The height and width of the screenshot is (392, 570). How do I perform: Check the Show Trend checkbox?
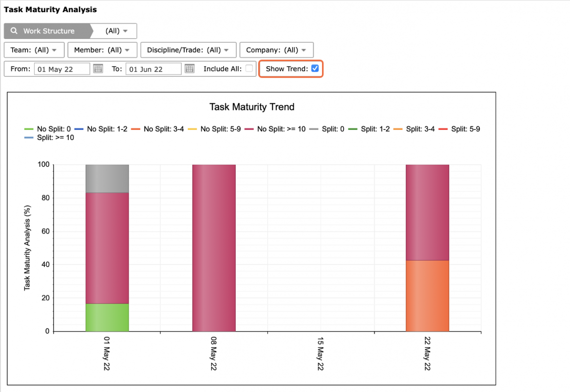[x=315, y=69]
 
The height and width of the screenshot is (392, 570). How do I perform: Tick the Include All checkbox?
[x=249, y=69]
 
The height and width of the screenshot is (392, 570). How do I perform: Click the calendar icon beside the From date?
[x=98, y=69]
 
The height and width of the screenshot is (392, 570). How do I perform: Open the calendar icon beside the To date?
[x=190, y=69]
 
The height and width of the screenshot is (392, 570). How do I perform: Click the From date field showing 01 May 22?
[x=62, y=69]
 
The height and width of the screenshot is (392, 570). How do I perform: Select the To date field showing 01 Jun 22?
[x=153, y=69]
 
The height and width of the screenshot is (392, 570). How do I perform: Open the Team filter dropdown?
[x=34, y=50]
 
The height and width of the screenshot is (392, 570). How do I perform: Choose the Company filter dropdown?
[x=277, y=50]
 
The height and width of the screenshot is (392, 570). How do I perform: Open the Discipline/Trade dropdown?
[x=189, y=50]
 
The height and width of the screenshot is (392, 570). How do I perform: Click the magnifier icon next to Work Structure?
[x=14, y=31]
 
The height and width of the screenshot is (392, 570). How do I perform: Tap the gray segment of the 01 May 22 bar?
[x=107, y=178]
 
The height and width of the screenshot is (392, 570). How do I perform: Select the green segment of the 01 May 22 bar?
[x=107, y=317]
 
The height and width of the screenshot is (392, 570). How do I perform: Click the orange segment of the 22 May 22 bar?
[x=428, y=296]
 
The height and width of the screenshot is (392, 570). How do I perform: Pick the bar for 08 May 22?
[x=214, y=248]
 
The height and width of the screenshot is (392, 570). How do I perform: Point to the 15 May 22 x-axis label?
[x=320, y=354]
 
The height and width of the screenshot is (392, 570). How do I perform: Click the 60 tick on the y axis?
[x=45, y=231]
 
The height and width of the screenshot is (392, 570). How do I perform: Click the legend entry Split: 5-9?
[x=459, y=129]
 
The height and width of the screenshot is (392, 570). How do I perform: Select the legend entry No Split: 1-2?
[x=101, y=129]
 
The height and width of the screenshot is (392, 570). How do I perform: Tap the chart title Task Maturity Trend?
[x=252, y=107]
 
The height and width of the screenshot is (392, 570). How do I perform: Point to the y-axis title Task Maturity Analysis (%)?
[x=27, y=248]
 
